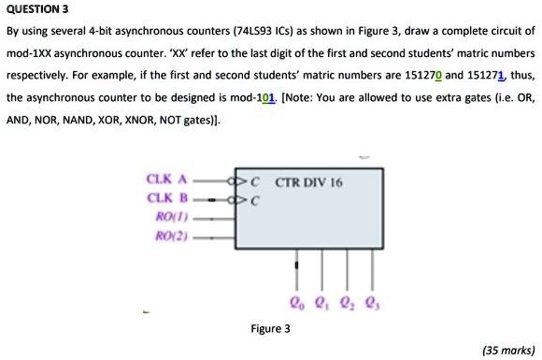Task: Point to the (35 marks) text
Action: point(506,350)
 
